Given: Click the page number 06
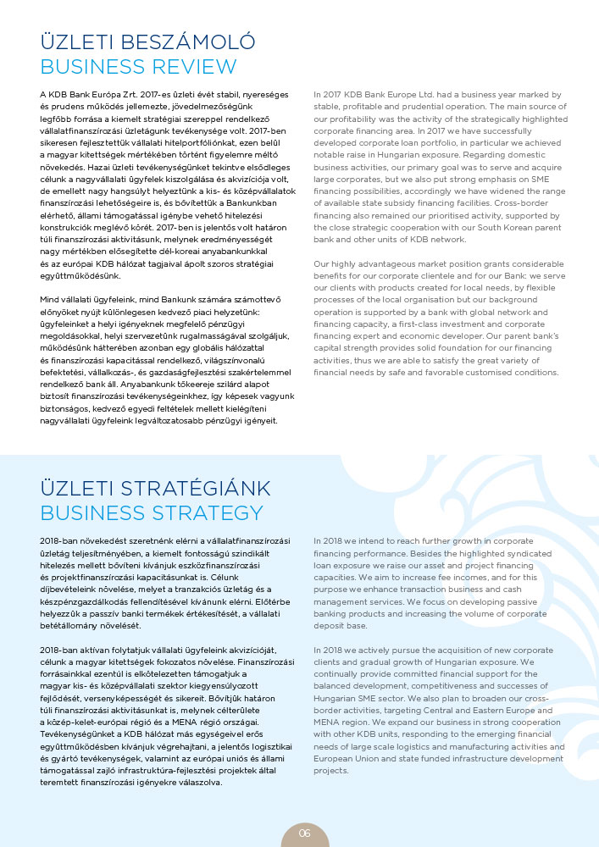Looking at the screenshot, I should pyautogui.click(x=305, y=833).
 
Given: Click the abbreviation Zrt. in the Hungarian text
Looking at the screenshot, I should pyautogui.click(x=132, y=92).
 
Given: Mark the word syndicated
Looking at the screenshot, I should pyautogui.click(x=535, y=551).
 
